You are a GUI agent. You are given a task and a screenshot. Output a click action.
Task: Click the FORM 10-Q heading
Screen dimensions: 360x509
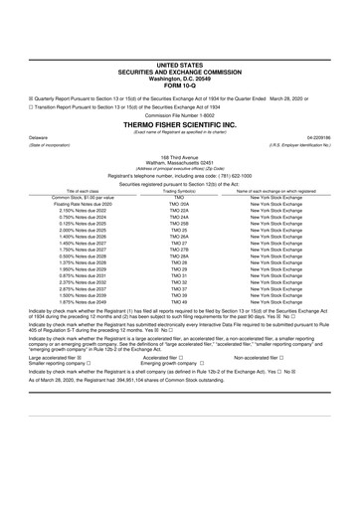pos(179,81)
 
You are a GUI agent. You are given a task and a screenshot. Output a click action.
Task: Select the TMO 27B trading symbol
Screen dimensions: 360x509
pos(179,276)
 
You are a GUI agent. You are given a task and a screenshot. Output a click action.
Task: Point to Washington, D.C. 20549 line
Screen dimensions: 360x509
pos(179,75)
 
